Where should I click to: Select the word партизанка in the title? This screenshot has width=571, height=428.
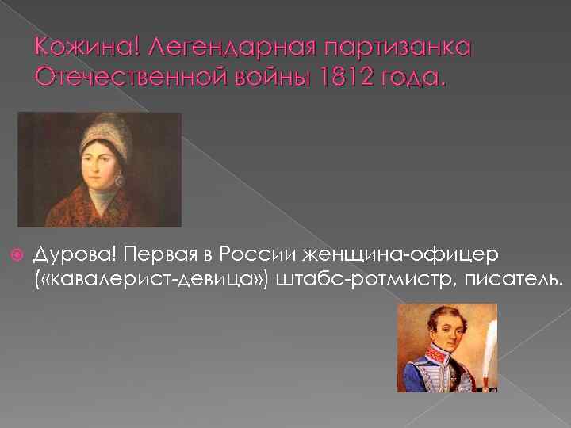393,50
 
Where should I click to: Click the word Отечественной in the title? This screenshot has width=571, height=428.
128,78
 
